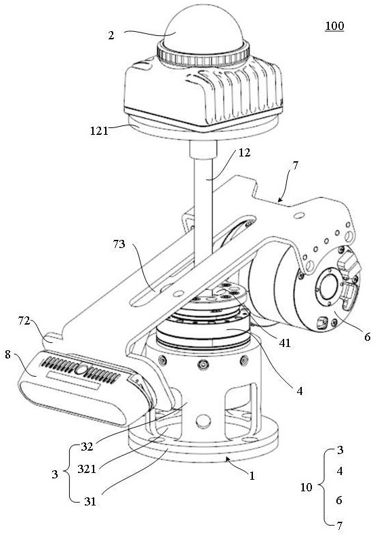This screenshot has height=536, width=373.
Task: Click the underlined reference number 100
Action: pyautogui.click(x=334, y=26)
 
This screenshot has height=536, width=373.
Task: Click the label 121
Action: pyautogui.click(x=99, y=131)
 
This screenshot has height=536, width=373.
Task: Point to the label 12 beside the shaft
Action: pyautogui.click(x=244, y=152)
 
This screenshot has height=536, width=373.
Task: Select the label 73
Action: pyautogui.click(x=119, y=245)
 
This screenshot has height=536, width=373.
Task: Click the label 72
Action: pyautogui.click(x=24, y=321)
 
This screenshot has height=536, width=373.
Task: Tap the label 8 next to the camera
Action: pyautogui.click(x=8, y=354)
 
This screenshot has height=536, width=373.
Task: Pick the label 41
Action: pyautogui.click(x=284, y=343)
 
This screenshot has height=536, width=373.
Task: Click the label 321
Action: pyautogui.click(x=87, y=469)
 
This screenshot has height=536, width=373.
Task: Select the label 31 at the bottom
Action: pyautogui.click(x=90, y=501)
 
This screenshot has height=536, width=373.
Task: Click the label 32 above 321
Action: pyautogui.click(x=87, y=447)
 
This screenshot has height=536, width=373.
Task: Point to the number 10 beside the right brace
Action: pyautogui.click(x=307, y=487)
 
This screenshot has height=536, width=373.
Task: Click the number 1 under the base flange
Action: pyautogui.click(x=252, y=476)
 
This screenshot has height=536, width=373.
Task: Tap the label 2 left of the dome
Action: pyautogui.click(x=111, y=35)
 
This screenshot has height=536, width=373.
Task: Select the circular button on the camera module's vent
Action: pyautogui.click(x=82, y=369)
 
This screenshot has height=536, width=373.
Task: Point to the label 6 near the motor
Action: pyautogui.click(x=367, y=337)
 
